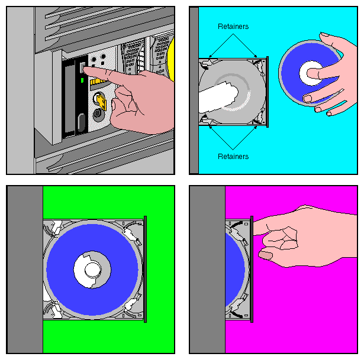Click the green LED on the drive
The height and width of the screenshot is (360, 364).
click(x=81, y=79)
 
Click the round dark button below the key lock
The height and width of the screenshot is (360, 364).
click(x=98, y=115)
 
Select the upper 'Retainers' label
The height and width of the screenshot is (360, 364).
click(x=233, y=27)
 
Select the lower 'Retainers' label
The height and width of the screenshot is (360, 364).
click(x=233, y=157)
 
